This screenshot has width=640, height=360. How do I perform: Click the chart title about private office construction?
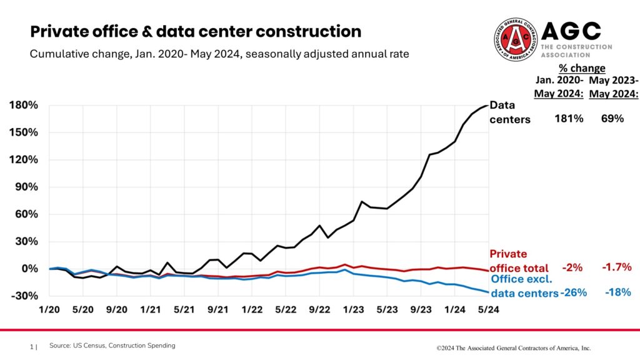(196, 31)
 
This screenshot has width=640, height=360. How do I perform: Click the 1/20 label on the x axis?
(49, 309)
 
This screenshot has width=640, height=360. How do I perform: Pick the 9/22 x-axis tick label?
(319, 309)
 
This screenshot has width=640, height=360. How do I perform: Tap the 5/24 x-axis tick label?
(488, 309)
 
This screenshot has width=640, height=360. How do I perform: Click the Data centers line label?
(509, 112)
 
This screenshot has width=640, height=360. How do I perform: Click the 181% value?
(568, 118)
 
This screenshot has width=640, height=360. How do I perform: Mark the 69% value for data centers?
(612, 118)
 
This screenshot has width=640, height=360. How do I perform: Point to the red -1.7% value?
(616, 267)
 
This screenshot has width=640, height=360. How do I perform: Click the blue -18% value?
(617, 292)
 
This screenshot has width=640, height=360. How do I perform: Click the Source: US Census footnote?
(112, 346)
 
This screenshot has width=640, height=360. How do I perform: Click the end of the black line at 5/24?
(487, 105)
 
